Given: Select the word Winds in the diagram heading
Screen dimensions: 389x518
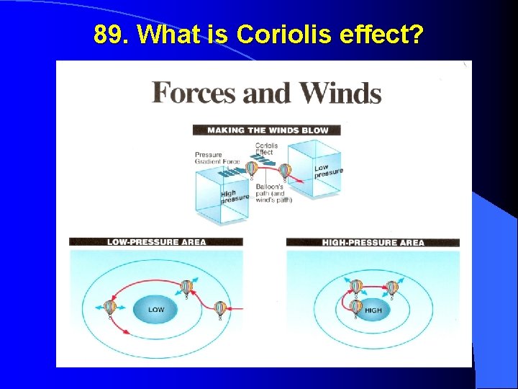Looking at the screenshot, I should [x=340, y=94].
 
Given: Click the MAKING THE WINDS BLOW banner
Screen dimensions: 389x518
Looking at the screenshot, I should [x=266, y=130].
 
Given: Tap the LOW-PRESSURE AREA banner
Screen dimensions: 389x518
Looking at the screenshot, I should [x=155, y=242].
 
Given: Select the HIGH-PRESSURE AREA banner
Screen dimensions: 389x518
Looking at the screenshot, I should [x=372, y=243].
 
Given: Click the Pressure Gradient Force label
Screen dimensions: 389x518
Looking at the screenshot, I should [x=217, y=158].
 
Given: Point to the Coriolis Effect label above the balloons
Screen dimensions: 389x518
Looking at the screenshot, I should [x=266, y=149].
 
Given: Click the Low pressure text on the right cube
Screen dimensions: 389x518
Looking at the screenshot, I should [x=329, y=170].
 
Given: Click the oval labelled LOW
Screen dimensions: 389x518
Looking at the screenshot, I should [x=156, y=310].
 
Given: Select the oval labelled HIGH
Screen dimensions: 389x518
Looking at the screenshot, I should [x=373, y=310].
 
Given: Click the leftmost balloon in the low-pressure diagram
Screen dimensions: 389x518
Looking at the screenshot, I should [x=110, y=308].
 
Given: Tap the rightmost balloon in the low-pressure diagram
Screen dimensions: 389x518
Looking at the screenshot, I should [x=220, y=309].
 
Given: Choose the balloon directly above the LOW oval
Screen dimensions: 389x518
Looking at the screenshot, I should [x=186, y=287].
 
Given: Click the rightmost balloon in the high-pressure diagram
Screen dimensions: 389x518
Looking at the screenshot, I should [x=392, y=287].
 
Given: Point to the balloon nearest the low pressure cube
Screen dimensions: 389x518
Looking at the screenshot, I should [x=285, y=171].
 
